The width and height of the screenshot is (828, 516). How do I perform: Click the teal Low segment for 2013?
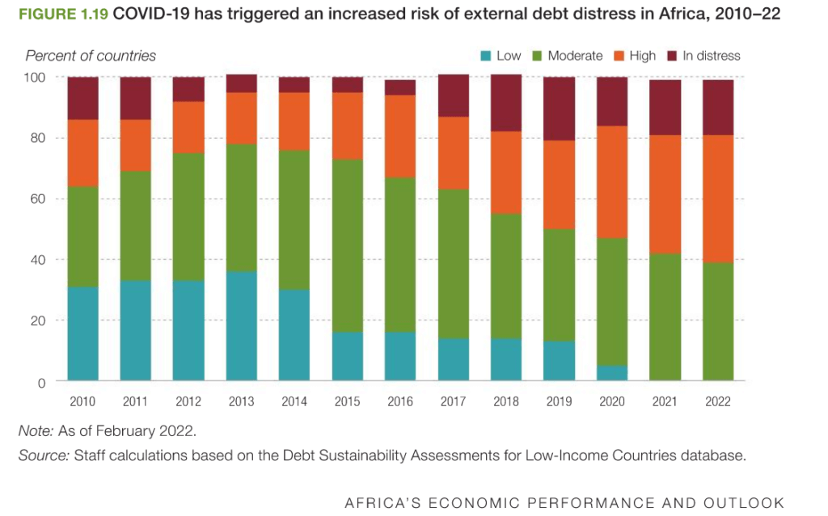pyautogui.click(x=242, y=326)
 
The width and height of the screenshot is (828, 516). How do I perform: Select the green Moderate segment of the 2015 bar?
pyautogui.click(x=348, y=245)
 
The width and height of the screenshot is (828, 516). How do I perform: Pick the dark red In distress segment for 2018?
pyautogui.click(x=506, y=103)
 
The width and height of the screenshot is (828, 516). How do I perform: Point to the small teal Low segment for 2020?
pyautogui.click(x=612, y=373)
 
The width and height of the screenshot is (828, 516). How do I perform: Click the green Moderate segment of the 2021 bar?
pyautogui.click(x=665, y=317)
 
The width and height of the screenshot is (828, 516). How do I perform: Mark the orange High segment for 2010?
pyautogui.click(x=82, y=153)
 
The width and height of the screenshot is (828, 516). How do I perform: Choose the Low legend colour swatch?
pyautogui.click(x=486, y=56)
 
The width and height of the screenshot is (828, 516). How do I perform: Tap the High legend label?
pyautogui.click(x=642, y=56)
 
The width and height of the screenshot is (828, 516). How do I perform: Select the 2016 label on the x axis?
pyautogui.click(x=400, y=401)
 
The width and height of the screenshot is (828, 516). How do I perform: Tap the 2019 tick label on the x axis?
pyautogui.click(x=559, y=401)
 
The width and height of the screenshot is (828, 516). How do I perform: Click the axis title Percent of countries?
pyautogui.click(x=91, y=56)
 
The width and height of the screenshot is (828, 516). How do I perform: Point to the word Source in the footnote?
pyautogui.click(x=43, y=456)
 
